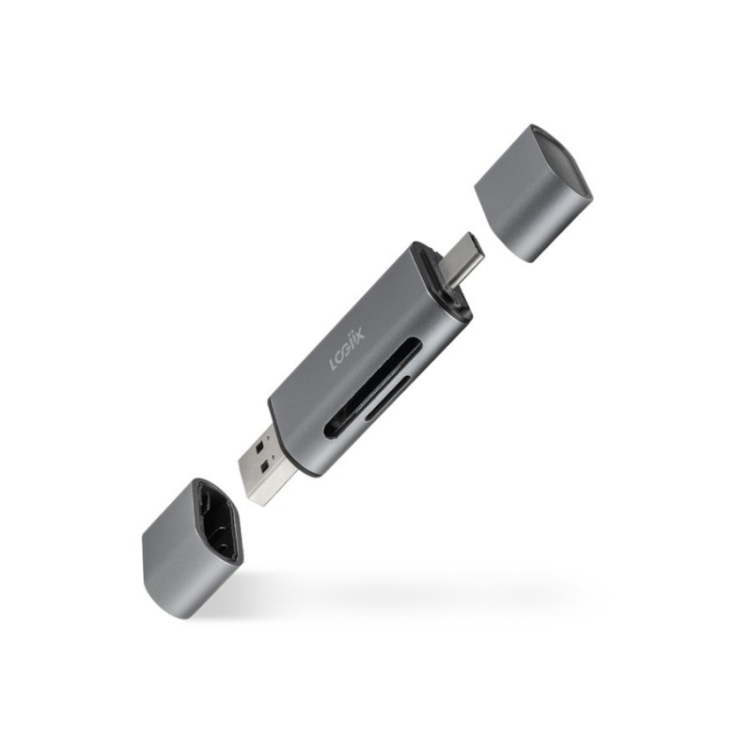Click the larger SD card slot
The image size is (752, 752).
372,388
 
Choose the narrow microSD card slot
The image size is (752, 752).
388,398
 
